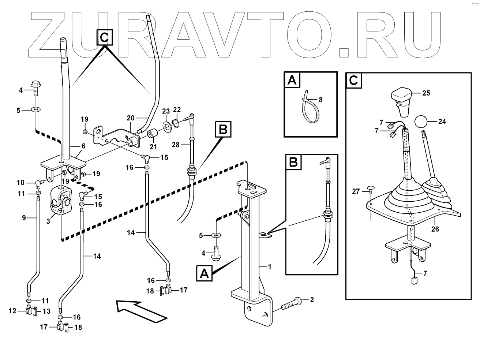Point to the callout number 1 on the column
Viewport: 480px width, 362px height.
[x=270, y=266]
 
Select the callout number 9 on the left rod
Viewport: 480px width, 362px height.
[x=24, y=218]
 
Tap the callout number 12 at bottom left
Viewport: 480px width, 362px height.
[x=12, y=311]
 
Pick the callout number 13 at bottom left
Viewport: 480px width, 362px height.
[x=46, y=311]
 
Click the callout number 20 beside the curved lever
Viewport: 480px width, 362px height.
[x=131, y=118]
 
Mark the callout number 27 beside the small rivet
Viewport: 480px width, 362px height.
[x=356, y=191]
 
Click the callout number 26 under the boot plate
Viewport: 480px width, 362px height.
[x=435, y=229]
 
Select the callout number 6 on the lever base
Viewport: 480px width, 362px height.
[x=83, y=146]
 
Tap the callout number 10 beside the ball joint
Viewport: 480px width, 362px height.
[x=20, y=182]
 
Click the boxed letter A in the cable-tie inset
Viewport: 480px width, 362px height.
[x=292, y=80]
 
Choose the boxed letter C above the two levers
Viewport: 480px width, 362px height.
[x=105, y=37]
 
